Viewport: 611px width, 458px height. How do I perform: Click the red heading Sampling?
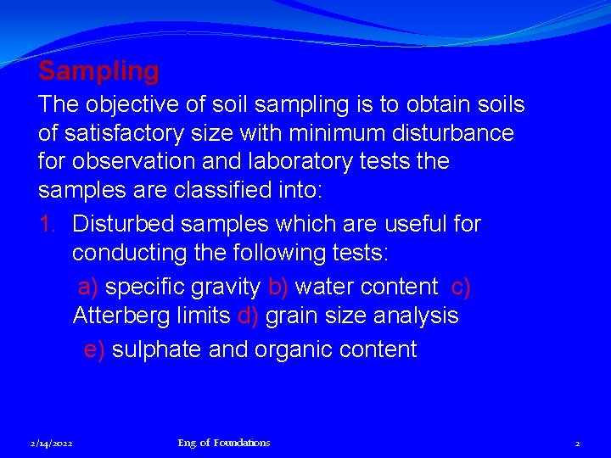click(x=98, y=71)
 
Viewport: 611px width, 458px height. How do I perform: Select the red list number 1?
click(x=48, y=224)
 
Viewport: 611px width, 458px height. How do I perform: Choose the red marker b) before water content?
click(x=277, y=287)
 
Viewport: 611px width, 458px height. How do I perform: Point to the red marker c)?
click(x=461, y=287)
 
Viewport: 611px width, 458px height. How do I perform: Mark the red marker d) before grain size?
click(x=248, y=316)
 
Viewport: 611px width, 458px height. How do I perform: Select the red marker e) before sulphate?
click(x=94, y=349)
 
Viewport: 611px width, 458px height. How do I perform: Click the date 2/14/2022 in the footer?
click(x=51, y=443)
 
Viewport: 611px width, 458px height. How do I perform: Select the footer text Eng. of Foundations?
click(x=224, y=443)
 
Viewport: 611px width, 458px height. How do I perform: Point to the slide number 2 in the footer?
click(x=577, y=443)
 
